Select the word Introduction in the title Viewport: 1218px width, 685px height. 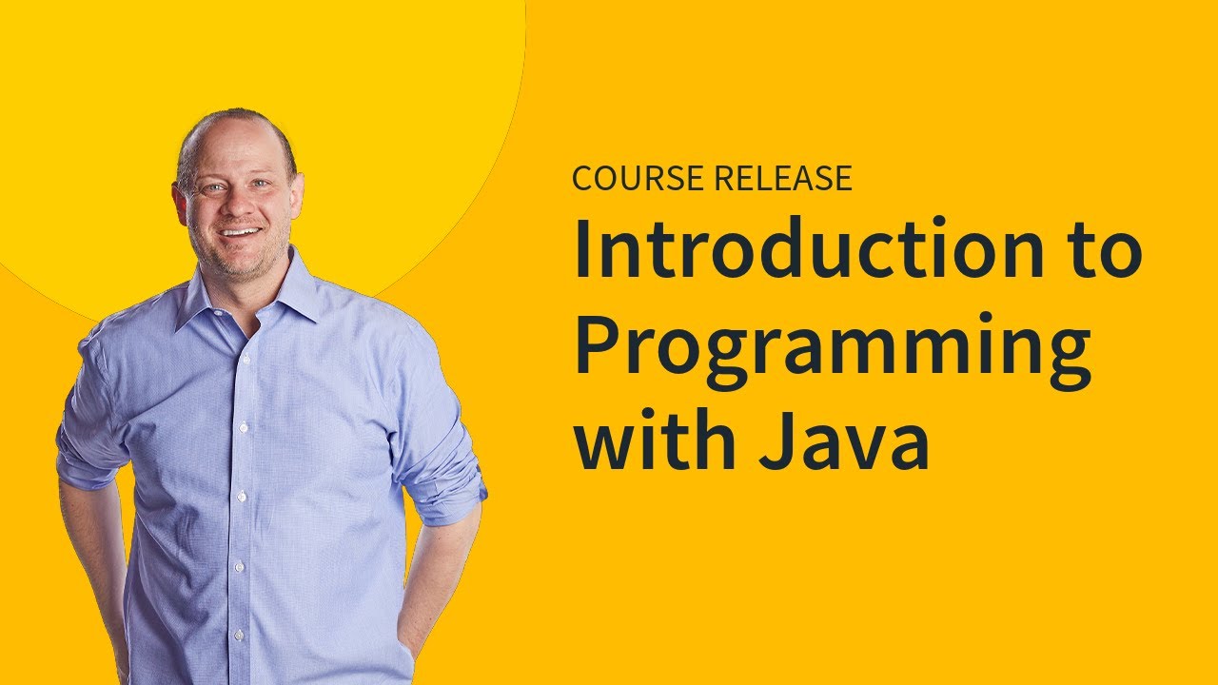(797, 250)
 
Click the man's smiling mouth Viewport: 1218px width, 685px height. (242, 232)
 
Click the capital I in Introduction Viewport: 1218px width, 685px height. (581, 249)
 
